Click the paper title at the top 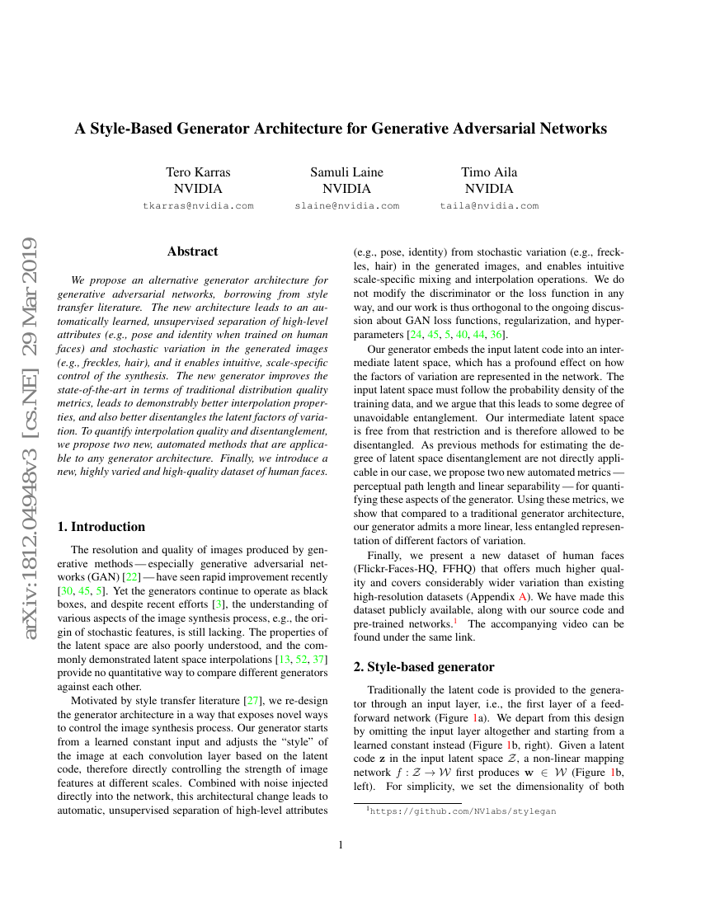(x=341, y=129)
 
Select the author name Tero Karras (x=198, y=172)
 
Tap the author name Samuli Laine (x=346, y=172)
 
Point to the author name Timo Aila (x=489, y=172)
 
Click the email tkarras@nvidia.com (x=198, y=206)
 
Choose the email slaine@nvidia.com (x=346, y=206)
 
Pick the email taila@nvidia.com (x=489, y=206)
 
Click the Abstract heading (x=192, y=251)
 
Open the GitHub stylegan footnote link (x=463, y=811)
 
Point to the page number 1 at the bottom (x=341, y=844)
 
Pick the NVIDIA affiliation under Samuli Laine (x=346, y=189)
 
